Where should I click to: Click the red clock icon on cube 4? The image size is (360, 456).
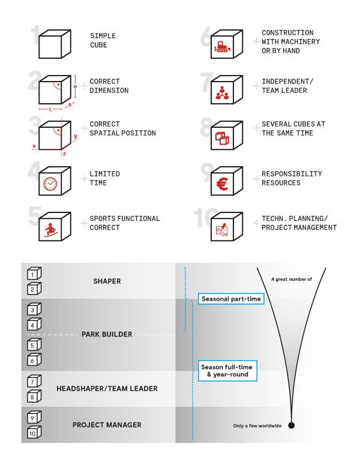[50, 184]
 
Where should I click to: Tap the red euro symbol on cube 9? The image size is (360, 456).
[223, 184]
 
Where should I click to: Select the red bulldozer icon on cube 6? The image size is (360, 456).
[223, 47]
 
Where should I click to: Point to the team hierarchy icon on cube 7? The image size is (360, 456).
[222, 93]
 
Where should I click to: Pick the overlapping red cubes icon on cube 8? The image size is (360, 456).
[222, 138]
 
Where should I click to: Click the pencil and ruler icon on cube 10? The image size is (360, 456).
[222, 230]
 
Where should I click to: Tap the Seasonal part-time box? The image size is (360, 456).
[231, 299]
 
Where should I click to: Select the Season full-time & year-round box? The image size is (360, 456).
[227, 371]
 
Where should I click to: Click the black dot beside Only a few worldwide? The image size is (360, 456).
[292, 425]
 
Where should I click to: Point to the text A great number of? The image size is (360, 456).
[292, 279]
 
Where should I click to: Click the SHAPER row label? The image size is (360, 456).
[107, 281]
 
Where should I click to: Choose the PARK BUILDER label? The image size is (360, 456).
[107, 334]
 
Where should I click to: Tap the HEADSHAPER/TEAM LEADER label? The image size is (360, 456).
[107, 389]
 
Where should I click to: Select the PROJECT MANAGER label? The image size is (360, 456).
[107, 425]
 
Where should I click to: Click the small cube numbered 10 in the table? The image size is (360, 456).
[34, 432]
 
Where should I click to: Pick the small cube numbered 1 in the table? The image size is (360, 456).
[34, 274]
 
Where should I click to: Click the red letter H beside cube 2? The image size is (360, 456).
[76, 86]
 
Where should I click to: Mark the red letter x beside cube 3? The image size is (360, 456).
[34, 146]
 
